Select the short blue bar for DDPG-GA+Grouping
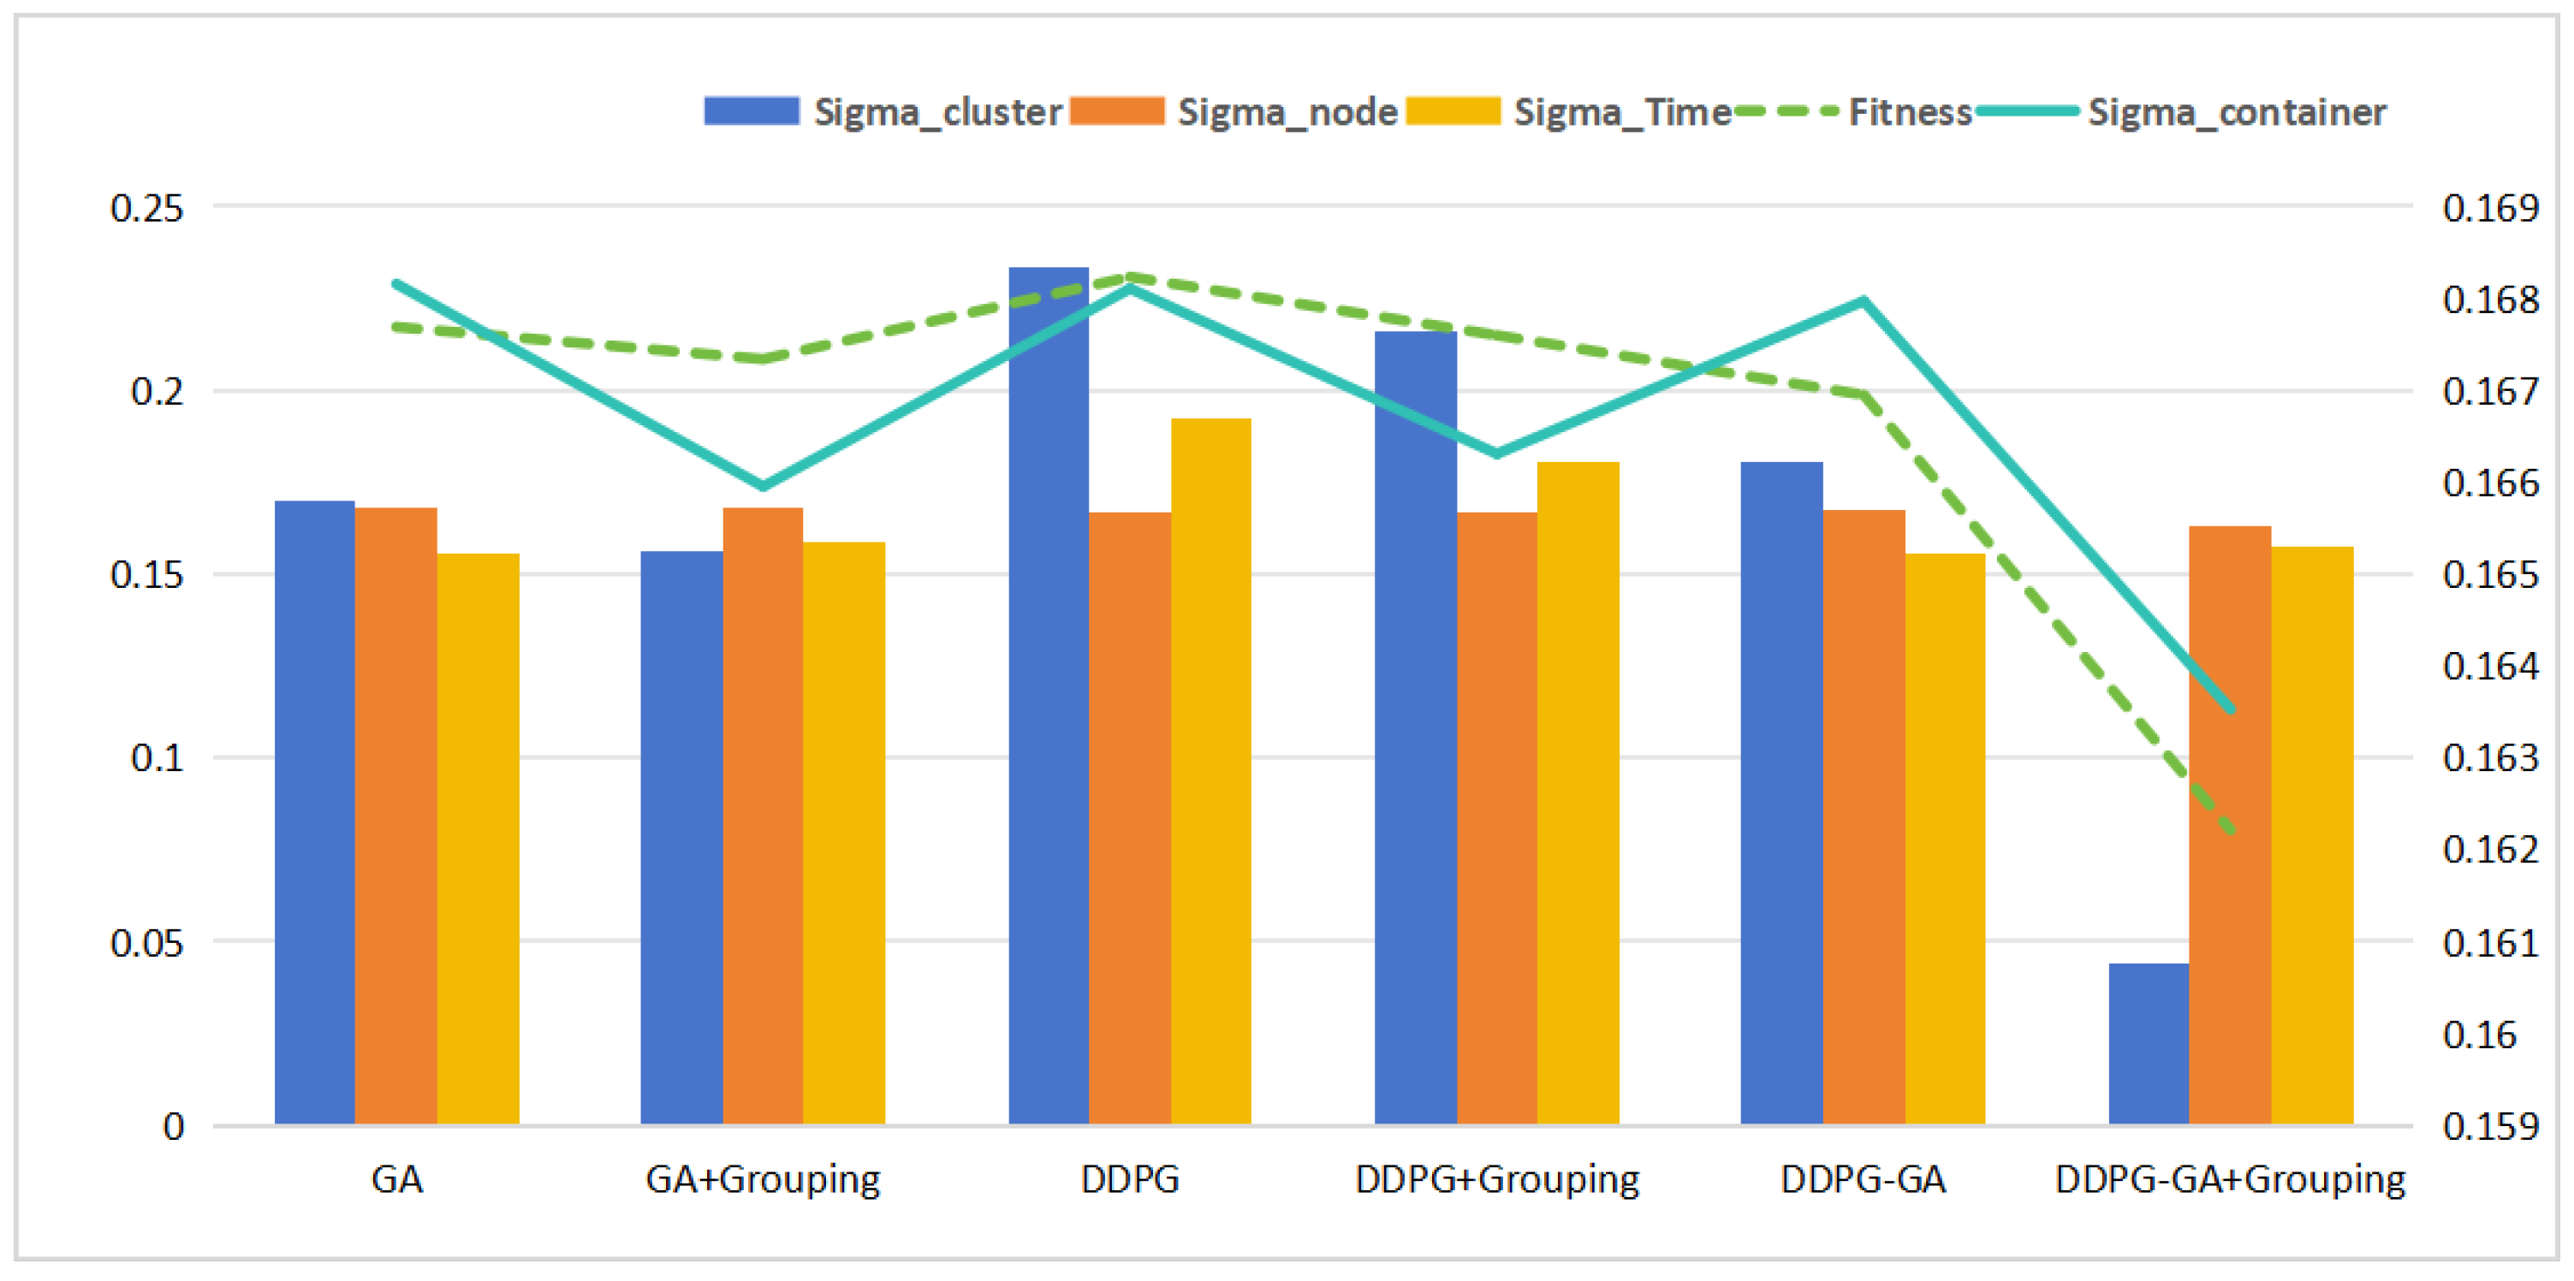point(2149,1043)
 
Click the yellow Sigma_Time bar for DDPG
point(1211,770)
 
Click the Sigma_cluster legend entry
point(883,111)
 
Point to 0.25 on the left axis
point(147,208)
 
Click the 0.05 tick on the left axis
point(147,942)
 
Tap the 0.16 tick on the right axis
point(2479,1035)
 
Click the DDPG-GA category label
point(1863,1179)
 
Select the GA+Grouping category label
point(763,1179)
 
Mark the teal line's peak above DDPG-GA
point(1864,299)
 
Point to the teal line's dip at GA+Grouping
point(764,487)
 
